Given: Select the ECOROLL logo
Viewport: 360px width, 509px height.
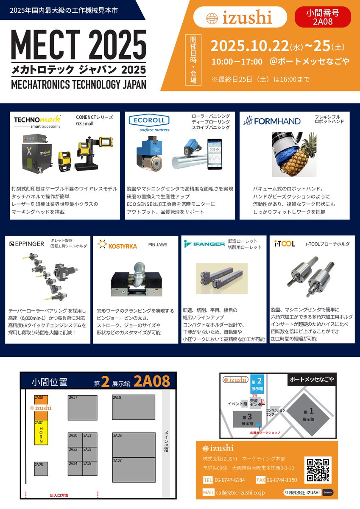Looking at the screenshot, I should (149, 120).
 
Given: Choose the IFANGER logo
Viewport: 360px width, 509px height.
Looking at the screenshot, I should (204, 244).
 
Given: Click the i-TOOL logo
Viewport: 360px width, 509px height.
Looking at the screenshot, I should (284, 244).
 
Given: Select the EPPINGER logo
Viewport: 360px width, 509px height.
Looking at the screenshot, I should (26, 244).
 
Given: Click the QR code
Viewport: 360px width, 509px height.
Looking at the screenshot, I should (318, 470).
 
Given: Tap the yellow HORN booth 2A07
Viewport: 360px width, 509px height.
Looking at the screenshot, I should (41, 432).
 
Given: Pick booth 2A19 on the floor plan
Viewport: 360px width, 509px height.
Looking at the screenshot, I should (133, 407).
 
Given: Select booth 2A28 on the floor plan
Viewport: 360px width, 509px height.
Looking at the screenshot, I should (41, 469).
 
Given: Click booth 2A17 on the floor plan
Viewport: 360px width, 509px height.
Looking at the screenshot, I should (82, 407).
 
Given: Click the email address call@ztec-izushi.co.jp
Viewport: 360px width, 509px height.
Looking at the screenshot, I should (240, 492).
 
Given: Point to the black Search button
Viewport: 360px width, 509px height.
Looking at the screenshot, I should (328, 492).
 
